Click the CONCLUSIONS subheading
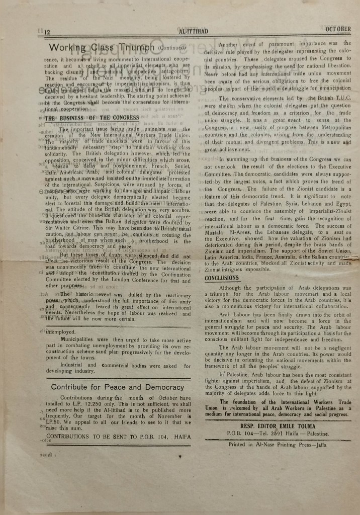point(222,278)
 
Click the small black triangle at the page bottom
point(180,456)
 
